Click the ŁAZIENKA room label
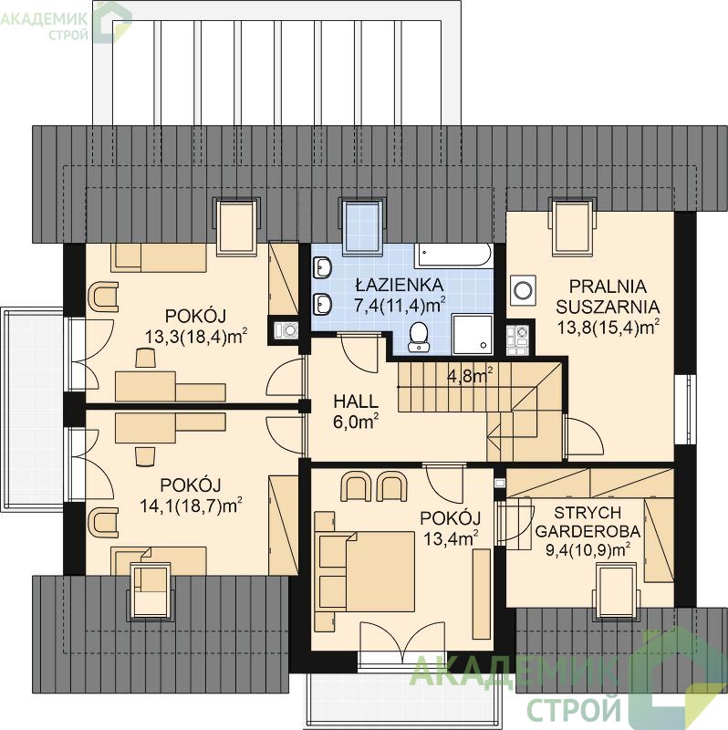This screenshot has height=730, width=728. click(x=400, y=284)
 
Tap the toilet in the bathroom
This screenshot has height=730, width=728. click(x=419, y=336)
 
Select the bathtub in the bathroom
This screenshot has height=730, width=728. click(x=453, y=255)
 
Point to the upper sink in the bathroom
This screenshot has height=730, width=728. click(x=322, y=268)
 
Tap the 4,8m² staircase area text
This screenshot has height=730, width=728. click(x=470, y=375)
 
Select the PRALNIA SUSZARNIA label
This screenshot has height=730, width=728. click(x=608, y=296)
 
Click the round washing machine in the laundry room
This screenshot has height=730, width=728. click(x=523, y=290)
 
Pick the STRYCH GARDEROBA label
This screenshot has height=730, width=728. click(x=588, y=522)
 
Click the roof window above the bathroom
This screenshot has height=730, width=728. click(x=361, y=227)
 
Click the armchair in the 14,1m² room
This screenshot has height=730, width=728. click(x=102, y=522)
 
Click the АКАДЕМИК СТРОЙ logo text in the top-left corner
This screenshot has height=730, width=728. click(x=44, y=26)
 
